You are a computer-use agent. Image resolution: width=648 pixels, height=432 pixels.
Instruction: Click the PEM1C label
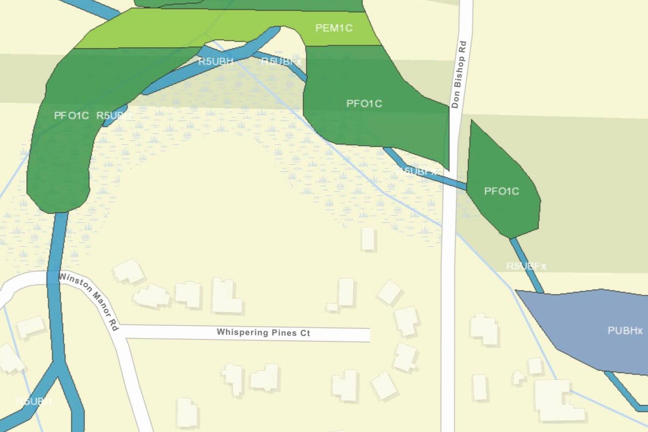pos(334,28)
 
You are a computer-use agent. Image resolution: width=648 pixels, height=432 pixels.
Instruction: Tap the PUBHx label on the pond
pos(625,330)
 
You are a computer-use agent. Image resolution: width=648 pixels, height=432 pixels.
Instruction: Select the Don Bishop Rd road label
pos(458,74)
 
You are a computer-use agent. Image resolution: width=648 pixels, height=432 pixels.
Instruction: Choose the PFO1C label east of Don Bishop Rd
pos(501,191)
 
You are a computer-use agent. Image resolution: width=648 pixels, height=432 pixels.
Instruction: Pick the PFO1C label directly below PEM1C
pos(364,104)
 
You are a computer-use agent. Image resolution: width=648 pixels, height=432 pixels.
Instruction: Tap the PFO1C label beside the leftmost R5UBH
pos(71,115)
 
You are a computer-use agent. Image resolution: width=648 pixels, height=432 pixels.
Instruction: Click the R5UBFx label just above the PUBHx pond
pos(526,266)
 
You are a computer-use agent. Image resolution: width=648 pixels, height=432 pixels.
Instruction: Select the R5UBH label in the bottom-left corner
pos(34,401)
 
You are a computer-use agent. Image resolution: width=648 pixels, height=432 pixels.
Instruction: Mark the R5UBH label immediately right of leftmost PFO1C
pos(114,115)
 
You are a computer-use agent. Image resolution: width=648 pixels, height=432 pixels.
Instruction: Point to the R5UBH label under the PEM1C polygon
pos(215,61)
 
